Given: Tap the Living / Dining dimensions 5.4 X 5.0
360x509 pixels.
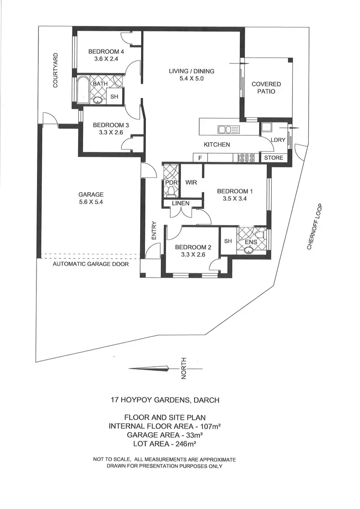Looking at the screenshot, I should (x=191, y=79).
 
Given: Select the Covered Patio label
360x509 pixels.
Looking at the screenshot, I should (x=266, y=87).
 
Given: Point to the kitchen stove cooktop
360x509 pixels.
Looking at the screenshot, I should (x=246, y=157).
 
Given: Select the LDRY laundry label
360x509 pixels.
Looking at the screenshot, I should (x=278, y=140).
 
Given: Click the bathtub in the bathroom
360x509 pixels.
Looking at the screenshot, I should (x=83, y=91).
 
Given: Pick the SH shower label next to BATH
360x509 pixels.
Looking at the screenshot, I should (x=114, y=97).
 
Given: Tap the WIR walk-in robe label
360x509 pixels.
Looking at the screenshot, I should (x=191, y=182).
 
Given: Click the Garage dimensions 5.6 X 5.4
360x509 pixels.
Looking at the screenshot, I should (x=91, y=202).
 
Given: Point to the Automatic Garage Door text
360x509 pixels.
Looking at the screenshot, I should (x=90, y=264).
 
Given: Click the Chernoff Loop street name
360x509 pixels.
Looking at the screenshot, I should (x=315, y=227).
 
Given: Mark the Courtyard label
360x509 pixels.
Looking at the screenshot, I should (x=56, y=70).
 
